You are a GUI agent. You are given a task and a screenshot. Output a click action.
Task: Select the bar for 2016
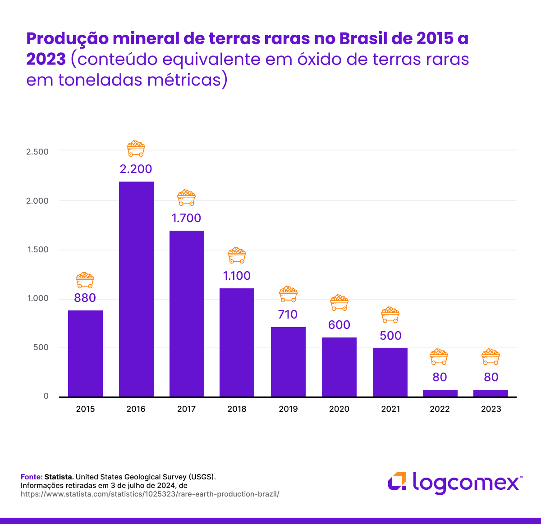pyautogui.click(x=136, y=289)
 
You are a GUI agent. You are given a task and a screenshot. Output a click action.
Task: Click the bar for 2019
pyautogui.click(x=288, y=362)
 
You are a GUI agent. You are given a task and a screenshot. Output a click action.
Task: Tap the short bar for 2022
pyautogui.click(x=440, y=393)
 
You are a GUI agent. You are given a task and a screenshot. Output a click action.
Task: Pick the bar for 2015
pyautogui.click(x=85, y=353)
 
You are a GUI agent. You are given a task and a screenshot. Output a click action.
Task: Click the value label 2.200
pyautogui.click(x=136, y=169)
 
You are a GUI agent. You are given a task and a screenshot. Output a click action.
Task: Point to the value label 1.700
pyautogui.click(x=186, y=218)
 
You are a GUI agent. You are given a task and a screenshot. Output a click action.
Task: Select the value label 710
pyautogui.click(x=288, y=314)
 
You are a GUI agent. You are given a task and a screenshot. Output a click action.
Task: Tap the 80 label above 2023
pyautogui.click(x=491, y=377)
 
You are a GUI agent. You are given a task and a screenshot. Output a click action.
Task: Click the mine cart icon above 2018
pyautogui.click(x=237, y=255)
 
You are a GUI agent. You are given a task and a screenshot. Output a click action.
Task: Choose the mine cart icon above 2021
pyautogui.click(x=390, y=315)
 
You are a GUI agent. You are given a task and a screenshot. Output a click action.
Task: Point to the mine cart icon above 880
pyautogui.click(x=85, y=280)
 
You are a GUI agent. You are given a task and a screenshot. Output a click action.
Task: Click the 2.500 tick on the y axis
pyautogui.click(x=37, y=152)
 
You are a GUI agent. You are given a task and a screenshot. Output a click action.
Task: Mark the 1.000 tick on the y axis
pyautogui.click(x=37, y=298)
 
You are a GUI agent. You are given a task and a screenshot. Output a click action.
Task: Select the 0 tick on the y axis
pyautogui.click(x=46, y=396)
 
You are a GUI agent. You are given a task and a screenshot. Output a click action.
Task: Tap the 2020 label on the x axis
pyautogui.click(x=339, y=409)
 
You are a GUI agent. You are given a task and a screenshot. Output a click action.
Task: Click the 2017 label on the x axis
pyautogui.click(x=186, y=409)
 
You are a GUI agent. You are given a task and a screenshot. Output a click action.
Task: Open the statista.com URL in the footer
pyautogui.click(x=150, y=494)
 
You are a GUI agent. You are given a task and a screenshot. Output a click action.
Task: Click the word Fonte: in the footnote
pyautogui.click(x=32, y=477)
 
